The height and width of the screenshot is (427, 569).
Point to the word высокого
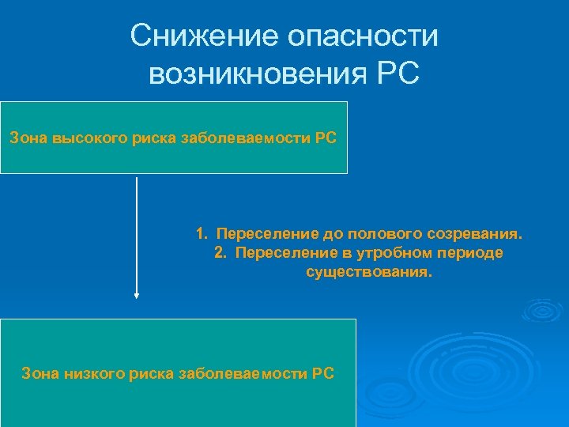[84, 138]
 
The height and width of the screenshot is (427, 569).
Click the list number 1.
[201, 235]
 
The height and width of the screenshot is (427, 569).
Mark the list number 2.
[219, 253]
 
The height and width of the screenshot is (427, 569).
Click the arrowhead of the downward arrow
[137, 296]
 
